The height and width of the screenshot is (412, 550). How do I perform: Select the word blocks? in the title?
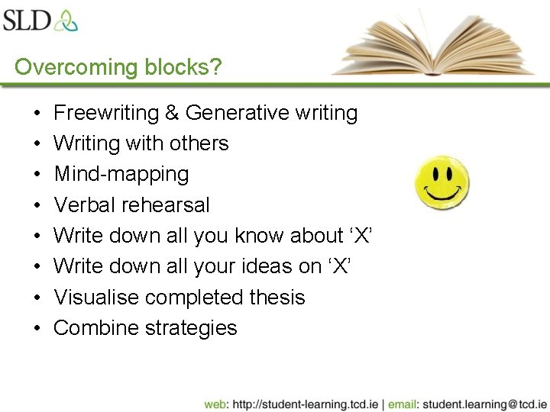coord(183,67)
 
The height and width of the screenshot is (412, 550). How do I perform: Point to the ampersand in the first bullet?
coord(173,113)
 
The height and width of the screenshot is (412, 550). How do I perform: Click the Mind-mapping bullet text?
coord(121,174)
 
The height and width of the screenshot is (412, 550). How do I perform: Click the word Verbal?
coord(84,205)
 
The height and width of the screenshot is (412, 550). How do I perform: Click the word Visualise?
coord(94,298)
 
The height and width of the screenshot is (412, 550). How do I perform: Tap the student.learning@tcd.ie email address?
coord(484,403)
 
